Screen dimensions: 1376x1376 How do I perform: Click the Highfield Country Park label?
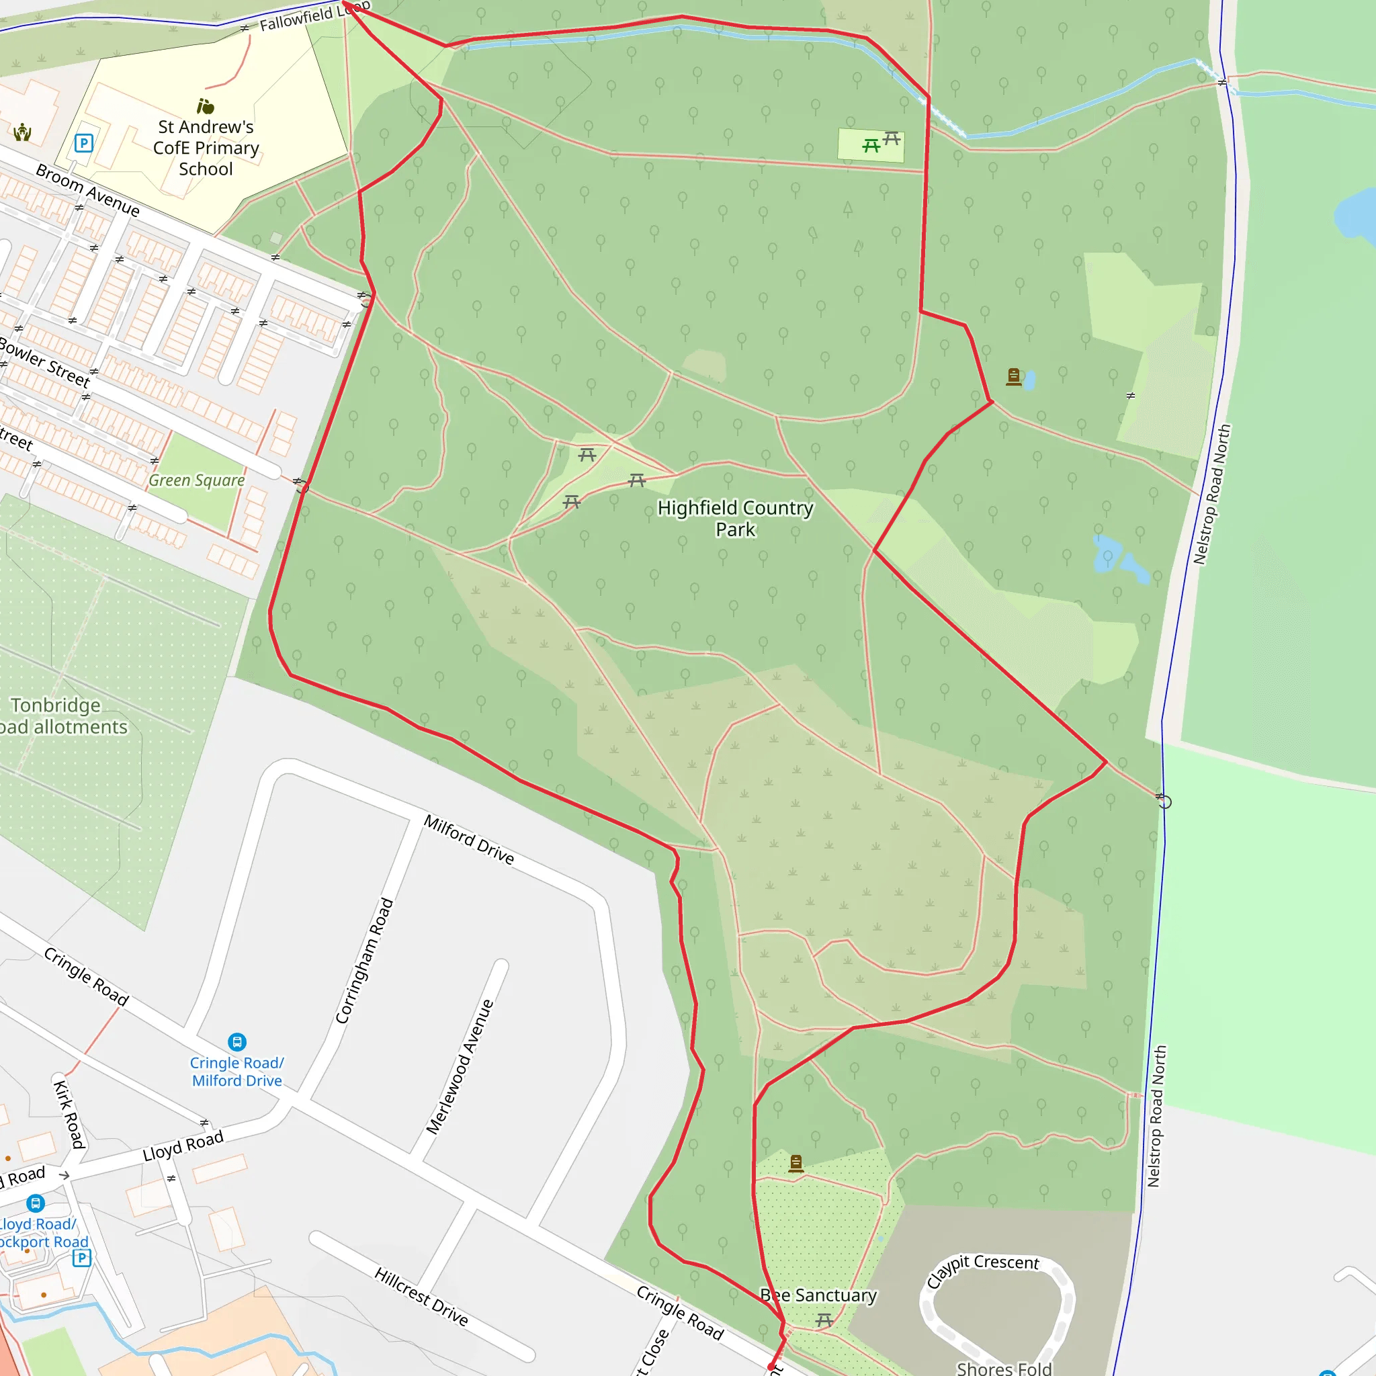point(735,519)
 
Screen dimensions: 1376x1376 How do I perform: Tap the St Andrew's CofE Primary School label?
point(206,147)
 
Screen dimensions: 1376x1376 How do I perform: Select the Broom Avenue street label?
point(87,190)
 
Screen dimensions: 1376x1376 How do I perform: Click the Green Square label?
point(197,481)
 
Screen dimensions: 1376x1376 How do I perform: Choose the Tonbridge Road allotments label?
point(60,716)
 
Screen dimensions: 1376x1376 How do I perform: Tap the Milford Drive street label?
point(469,839)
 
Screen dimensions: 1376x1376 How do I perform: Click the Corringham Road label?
point(365,961)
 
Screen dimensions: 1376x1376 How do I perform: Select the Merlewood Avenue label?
point(460,1066)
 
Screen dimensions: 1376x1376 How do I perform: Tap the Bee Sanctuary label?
point(818,1295)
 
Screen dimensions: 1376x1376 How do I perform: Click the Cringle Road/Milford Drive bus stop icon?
point(237,1042)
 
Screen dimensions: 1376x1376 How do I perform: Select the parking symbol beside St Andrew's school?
point(84,143)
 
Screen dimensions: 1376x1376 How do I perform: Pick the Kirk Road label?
point(70,1115)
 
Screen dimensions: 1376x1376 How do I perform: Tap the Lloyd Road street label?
point(183,1146)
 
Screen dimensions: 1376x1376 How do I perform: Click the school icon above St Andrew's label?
point(206,107)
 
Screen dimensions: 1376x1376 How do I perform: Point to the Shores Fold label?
point(1004,1367)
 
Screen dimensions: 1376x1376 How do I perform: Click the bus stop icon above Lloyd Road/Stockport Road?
point(36,1203)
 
